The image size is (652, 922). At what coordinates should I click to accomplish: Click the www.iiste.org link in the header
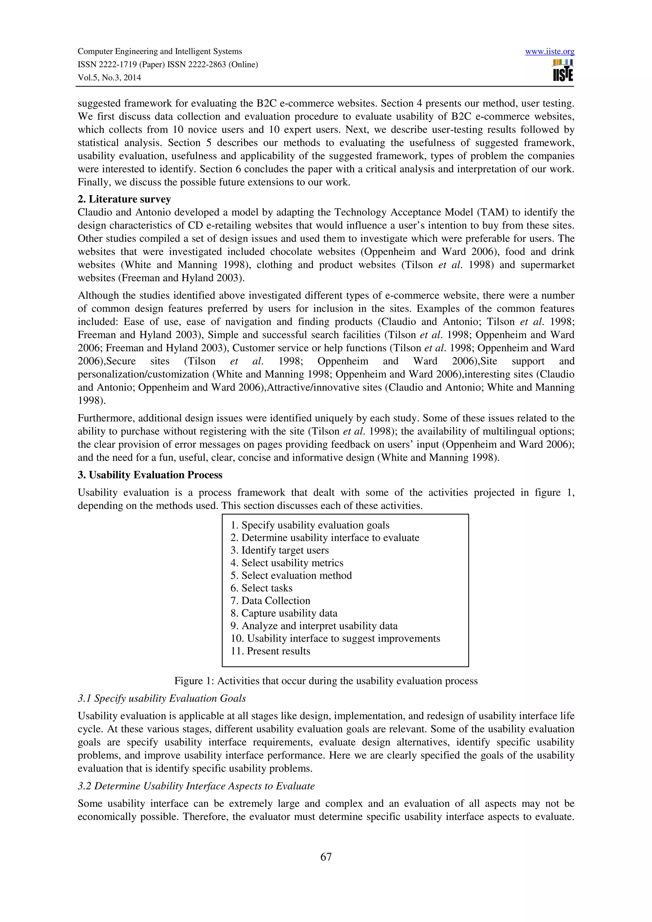pyautogui.click(x=549, y=52)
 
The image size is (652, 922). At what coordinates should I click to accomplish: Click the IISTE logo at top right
pyautogui.click(x=563, y=71)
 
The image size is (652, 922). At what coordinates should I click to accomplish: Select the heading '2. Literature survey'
pyautogui.click(x=124, y=199)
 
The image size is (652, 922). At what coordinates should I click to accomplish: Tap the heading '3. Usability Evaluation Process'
pyautogui.click(x=150, y=475)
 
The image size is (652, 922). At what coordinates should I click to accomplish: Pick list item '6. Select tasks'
pyautogui.click(x=261, y=588)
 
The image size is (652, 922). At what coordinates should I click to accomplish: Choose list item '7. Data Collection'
pyautogui.click(x=270, y=601)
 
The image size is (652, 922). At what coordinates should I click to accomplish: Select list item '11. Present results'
pyautogui.click(x=270, y=651)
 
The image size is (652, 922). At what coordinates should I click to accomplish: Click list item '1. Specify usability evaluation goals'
pyautogui.click(x=310, y=525)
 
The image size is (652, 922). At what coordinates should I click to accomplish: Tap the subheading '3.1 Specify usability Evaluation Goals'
pyautogui.click(x=161, y=698)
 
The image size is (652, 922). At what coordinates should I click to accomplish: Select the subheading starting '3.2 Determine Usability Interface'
pyautogui.click(x=196, y=786)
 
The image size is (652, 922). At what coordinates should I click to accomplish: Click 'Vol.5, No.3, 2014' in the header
pyautogui.click(x=109, y=78)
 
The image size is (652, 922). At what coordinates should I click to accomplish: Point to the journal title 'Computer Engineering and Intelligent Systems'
pyautogui.click(x=159, y=52)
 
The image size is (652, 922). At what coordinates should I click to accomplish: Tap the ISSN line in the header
pyautogui.click(x=167, y=65)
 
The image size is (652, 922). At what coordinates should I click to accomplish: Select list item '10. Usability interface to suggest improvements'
pyautogui.click(x=336, y=639)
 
